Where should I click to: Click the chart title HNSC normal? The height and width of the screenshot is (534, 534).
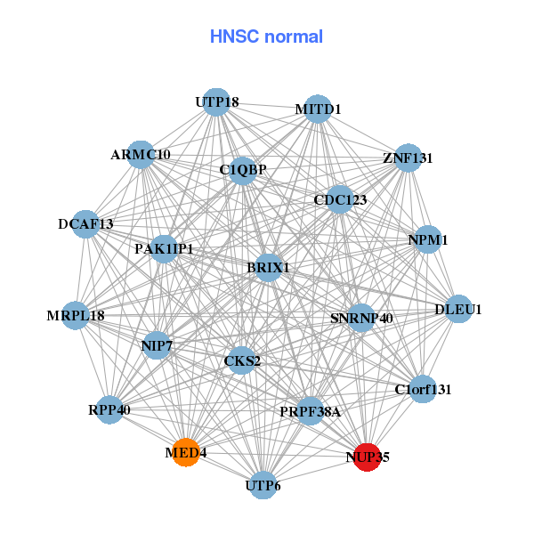point(266,36)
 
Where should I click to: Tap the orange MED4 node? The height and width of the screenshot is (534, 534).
point(185,452)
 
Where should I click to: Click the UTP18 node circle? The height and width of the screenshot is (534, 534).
point(216,102)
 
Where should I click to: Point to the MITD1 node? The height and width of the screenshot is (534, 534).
point(318,109)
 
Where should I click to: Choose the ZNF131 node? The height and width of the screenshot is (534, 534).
point(408,158)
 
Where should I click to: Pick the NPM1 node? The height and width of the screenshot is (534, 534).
point(428,239)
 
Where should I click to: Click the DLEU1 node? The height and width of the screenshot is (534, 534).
point(458,309)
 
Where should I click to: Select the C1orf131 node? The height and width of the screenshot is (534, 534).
point(424,388)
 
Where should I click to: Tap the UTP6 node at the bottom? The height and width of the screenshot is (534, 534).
point(263,485)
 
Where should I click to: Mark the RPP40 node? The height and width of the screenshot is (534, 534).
point(109,409)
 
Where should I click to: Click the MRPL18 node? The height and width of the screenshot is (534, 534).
point(76,315)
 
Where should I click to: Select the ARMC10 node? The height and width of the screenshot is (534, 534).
point(141,154)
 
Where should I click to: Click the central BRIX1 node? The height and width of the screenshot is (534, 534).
point(269,267)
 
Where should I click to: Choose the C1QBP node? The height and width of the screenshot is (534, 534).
point(243,169)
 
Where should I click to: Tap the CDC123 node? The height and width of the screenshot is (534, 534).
point(341,199)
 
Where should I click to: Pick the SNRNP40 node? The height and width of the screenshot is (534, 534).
point(360,317)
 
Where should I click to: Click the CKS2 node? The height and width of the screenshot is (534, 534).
point(242,360)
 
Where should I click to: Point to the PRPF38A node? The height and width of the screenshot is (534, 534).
point(310,411)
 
